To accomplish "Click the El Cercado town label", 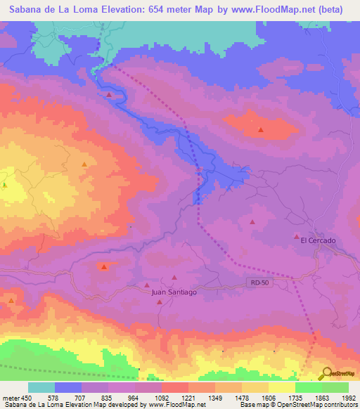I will pos(318,240).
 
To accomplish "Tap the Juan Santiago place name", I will pos(174,292).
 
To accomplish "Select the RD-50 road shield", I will pos(259,283).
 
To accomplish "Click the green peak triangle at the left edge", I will pos(4,185).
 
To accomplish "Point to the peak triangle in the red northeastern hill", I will pos(261,129).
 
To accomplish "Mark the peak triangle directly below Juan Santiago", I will pos(160,302).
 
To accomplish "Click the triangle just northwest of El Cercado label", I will pos(296,236).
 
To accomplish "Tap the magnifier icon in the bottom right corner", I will pos(326,374).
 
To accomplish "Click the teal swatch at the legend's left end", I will pos(41,387).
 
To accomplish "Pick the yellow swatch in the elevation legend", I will pos(281,387).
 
